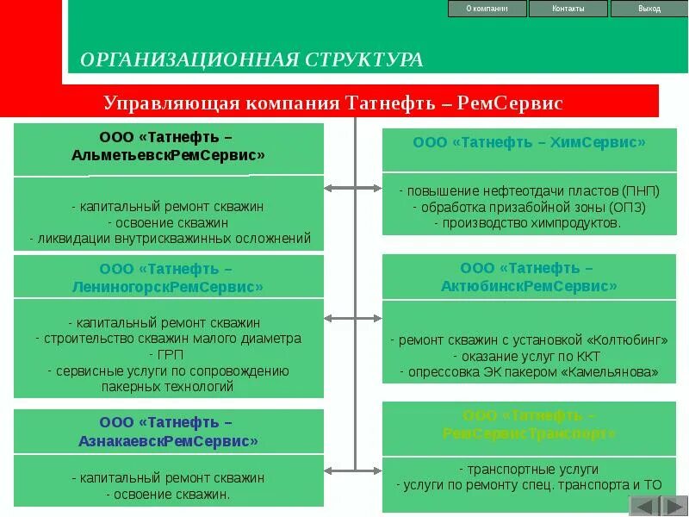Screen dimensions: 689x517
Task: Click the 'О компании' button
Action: click(x=487, y=9)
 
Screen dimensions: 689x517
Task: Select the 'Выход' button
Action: click(x=649, y=9)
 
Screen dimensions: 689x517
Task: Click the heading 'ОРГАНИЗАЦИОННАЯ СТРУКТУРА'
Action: click(x=251, y=59)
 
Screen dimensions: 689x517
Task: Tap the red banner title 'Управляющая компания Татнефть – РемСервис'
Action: click(x=332, y=103)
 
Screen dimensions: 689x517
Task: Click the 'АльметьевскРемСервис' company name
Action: click(x=168, y=155)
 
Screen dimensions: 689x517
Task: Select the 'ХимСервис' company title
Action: click(x=529, y=142)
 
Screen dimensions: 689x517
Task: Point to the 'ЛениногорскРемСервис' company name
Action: click(x=169, y=286)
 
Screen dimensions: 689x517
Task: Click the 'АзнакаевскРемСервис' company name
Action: click(x=168, y=440)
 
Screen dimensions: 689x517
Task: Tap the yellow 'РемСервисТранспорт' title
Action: click(x=529, y=433)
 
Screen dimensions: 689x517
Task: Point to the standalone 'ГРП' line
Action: click(x=168, y=355)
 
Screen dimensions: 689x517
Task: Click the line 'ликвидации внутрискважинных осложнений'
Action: click(x=169, y=239)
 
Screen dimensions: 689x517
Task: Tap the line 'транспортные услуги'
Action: click(x=528, y=470)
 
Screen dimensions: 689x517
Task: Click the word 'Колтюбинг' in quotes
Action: click(x=627, y=340)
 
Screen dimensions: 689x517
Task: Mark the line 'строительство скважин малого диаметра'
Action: click(x=169, y=339)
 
